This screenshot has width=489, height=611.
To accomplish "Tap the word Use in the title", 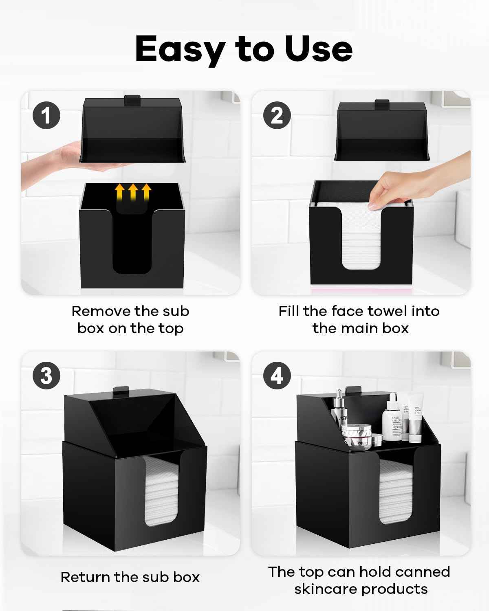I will pos(318,49).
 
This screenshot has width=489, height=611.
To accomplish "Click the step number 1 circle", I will pos(46,115).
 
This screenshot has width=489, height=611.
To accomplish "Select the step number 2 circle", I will pos(277,115).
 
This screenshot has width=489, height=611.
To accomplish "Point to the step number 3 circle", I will pos(46,375).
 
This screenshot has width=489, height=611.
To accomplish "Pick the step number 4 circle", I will pos(277,375).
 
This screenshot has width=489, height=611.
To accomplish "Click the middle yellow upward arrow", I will pos(132,192).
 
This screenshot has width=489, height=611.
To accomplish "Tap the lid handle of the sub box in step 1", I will pos(132,99).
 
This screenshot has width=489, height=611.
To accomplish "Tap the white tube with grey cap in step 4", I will pos(416,418).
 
